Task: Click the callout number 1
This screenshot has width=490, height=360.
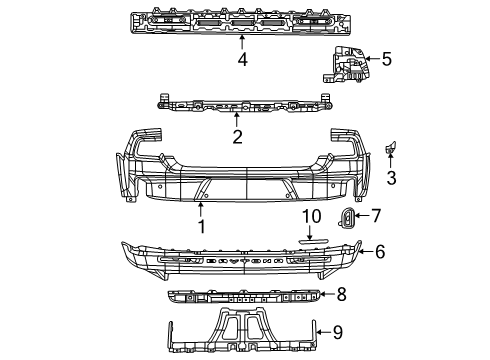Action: pos(201,228)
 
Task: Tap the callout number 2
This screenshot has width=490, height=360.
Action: pos(237,136)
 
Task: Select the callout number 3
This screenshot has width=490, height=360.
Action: pos(392,179)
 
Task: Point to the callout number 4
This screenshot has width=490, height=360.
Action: pos(242,59)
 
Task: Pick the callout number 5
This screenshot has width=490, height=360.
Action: pos(387,58)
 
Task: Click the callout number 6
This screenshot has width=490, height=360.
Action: pos(379,252)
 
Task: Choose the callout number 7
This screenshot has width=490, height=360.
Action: pos(376,215)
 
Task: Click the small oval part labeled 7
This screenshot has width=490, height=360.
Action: pos(347,218)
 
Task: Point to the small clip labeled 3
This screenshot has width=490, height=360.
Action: pos(391,149)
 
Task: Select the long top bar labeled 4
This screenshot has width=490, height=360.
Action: pos(241,22)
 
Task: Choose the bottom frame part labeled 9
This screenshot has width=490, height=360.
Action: pos(240,325)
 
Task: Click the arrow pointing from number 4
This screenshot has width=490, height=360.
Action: pos(242,43)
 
